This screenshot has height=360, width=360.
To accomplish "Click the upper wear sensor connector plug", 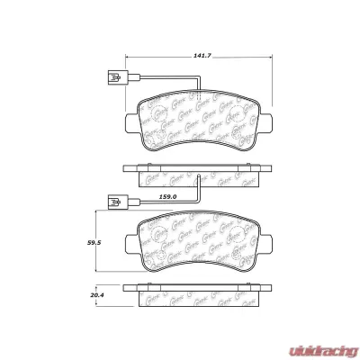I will point(112,79).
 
